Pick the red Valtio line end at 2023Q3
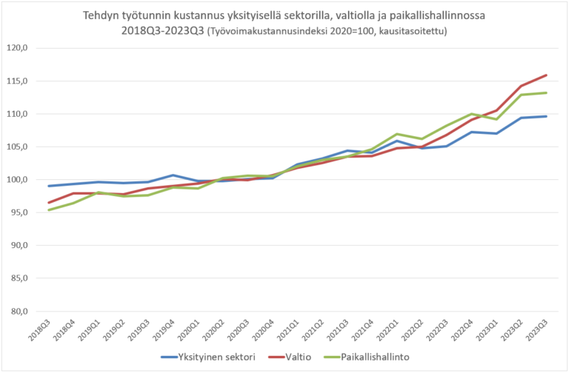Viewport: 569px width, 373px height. coord(546,75)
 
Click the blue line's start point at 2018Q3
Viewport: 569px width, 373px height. coord(49,186)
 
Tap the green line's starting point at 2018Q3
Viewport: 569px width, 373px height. coord(49,209)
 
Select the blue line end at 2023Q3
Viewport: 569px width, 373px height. coord(546,116)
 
